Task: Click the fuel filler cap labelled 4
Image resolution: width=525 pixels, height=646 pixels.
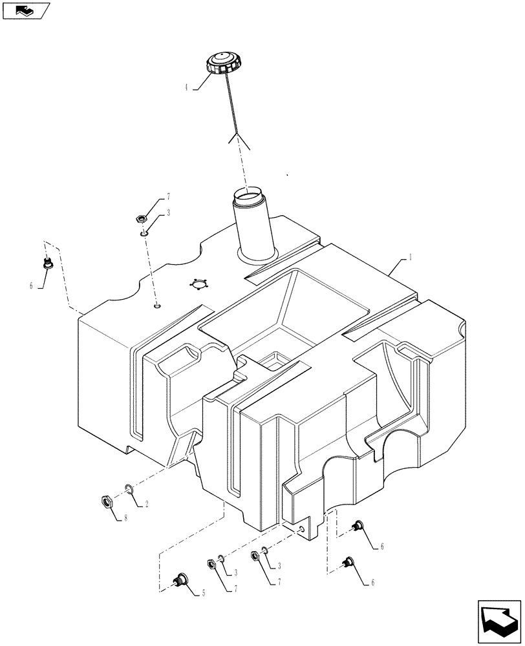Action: pyautogui.click(x=222, y=65)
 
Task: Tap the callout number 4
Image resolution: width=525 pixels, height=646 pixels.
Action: pyautogui.click(x=187, y=87)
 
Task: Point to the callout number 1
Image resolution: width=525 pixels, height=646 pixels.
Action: pyautogui.click(x=410, y=256)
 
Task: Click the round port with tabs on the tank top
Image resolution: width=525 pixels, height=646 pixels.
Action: pyautogui.click(x=198, y=284)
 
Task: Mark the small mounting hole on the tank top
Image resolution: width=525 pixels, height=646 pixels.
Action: pyautogui.click(x=157, y=306)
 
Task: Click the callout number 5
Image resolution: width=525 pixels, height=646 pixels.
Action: pyautogui.click(x=204, y=592)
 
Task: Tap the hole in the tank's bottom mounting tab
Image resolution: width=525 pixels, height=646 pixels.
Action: pyautogui.click(x=302, y=528)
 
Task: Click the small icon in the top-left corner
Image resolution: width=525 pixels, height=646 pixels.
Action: pyautogui.click(x=25, y=10)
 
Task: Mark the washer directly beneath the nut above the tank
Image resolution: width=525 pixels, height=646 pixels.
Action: pyautogui.click(x=144, y=228)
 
